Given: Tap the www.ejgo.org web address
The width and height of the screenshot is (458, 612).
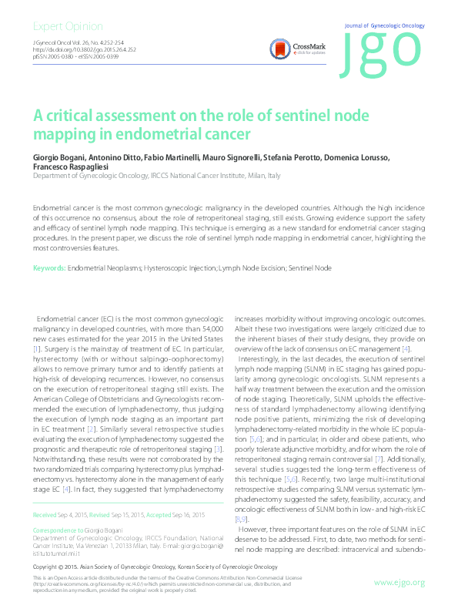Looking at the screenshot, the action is pyautogui.click(x=399, y=581).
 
